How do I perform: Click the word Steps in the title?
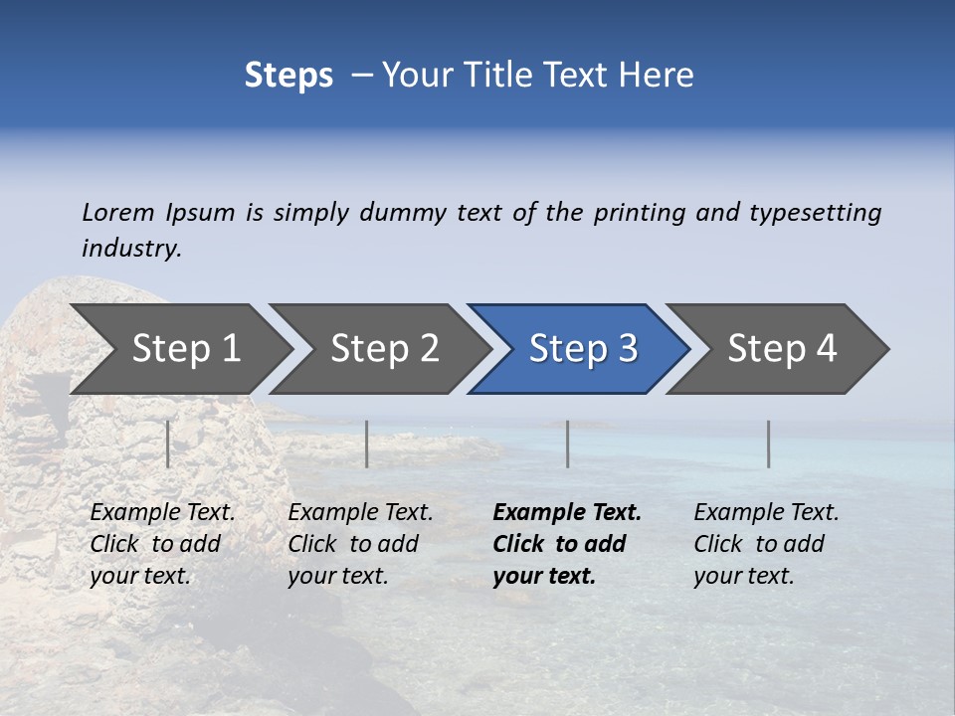(288, 75)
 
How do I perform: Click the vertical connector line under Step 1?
(167, 444)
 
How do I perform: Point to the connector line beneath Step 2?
(367, 444)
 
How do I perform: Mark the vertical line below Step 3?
(568, 444)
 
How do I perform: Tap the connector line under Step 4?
(769, 444)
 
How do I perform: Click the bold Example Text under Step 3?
(566, 543)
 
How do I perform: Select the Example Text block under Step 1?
(161, 543)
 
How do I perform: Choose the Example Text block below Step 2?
(359, 543)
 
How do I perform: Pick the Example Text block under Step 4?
(765, 543)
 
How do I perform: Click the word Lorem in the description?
(118, 213)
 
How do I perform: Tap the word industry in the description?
(131, 249)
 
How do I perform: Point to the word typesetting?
(815, 213)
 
